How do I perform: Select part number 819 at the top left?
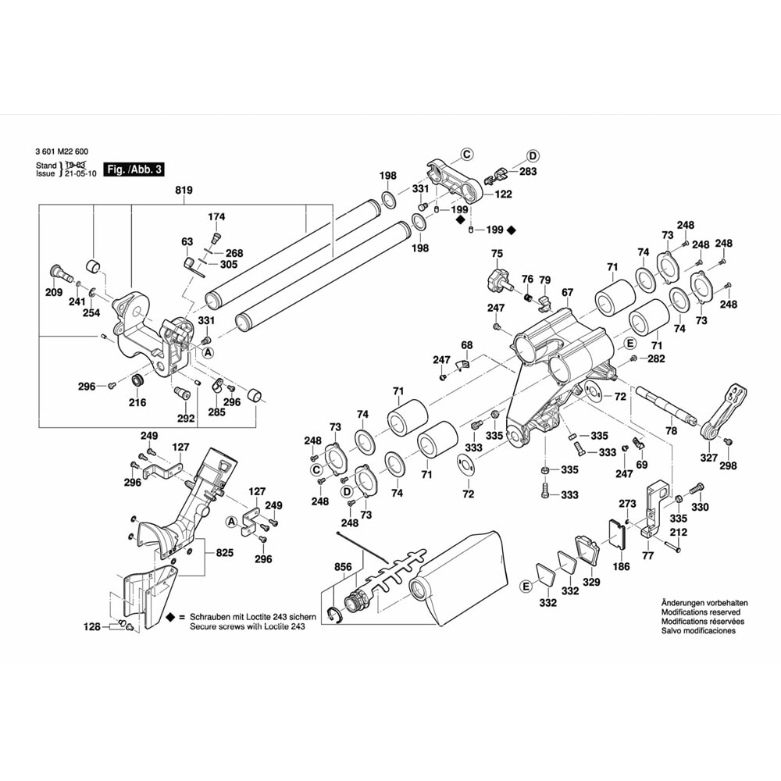point(184,191)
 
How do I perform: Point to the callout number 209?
point(54,294)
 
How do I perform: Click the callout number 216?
point(137,403)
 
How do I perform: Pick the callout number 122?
point(503,194)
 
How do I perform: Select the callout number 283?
point(528,171)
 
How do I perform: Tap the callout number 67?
point(567,293)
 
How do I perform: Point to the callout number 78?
point(671,430)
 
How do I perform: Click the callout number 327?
point(708,458)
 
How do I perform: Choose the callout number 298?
point(728,466)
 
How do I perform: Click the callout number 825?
point(225,552)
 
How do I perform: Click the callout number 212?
point(677,533)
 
